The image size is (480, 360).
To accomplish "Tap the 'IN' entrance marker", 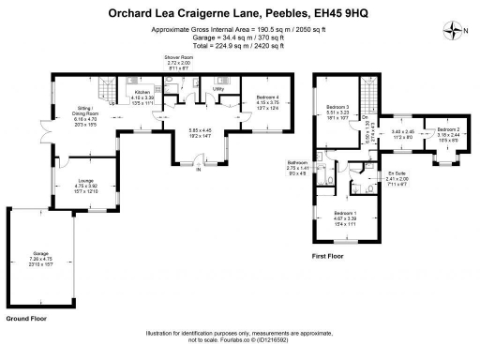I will pyautogui.click(x=198, y=170).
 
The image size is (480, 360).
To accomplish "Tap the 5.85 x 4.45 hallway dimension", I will pyautogui.click(x=198, y=131).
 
